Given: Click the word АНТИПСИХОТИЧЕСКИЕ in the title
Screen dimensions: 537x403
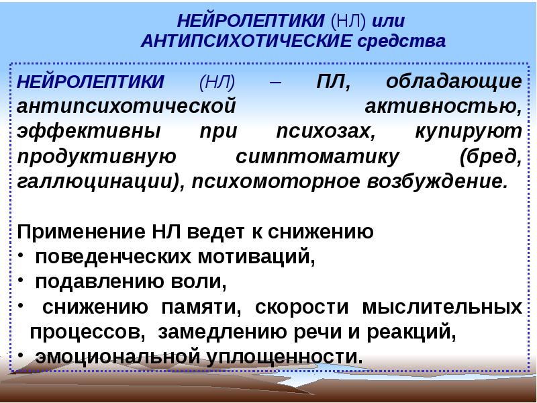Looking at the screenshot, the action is [x=246, y=41].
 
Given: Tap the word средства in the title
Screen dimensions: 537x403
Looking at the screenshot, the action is [x=401, y=42].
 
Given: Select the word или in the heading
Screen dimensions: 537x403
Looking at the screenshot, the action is [x=389, y=21].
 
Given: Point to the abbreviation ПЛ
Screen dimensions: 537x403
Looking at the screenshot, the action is [x=333, y=82].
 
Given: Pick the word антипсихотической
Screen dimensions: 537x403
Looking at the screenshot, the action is [x=126, y=106].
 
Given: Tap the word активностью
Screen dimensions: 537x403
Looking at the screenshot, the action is [x=443, y=107].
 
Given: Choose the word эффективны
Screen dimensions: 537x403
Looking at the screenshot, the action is [x=89, y=132].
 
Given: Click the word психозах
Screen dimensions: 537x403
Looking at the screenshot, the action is [x=326, y=132].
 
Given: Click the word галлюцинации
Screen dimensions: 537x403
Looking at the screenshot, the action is [x=94, y=182].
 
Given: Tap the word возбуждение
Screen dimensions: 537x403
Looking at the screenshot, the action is [x=435, y=181].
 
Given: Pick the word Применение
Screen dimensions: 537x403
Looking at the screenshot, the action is [x=81, y=232].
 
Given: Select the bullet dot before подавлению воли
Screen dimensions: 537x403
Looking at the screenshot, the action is [x=21, y=279].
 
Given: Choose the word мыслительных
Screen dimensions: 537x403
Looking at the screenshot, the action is [x=442, y=307].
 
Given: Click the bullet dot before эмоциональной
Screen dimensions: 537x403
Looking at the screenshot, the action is [x=21, y=355].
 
